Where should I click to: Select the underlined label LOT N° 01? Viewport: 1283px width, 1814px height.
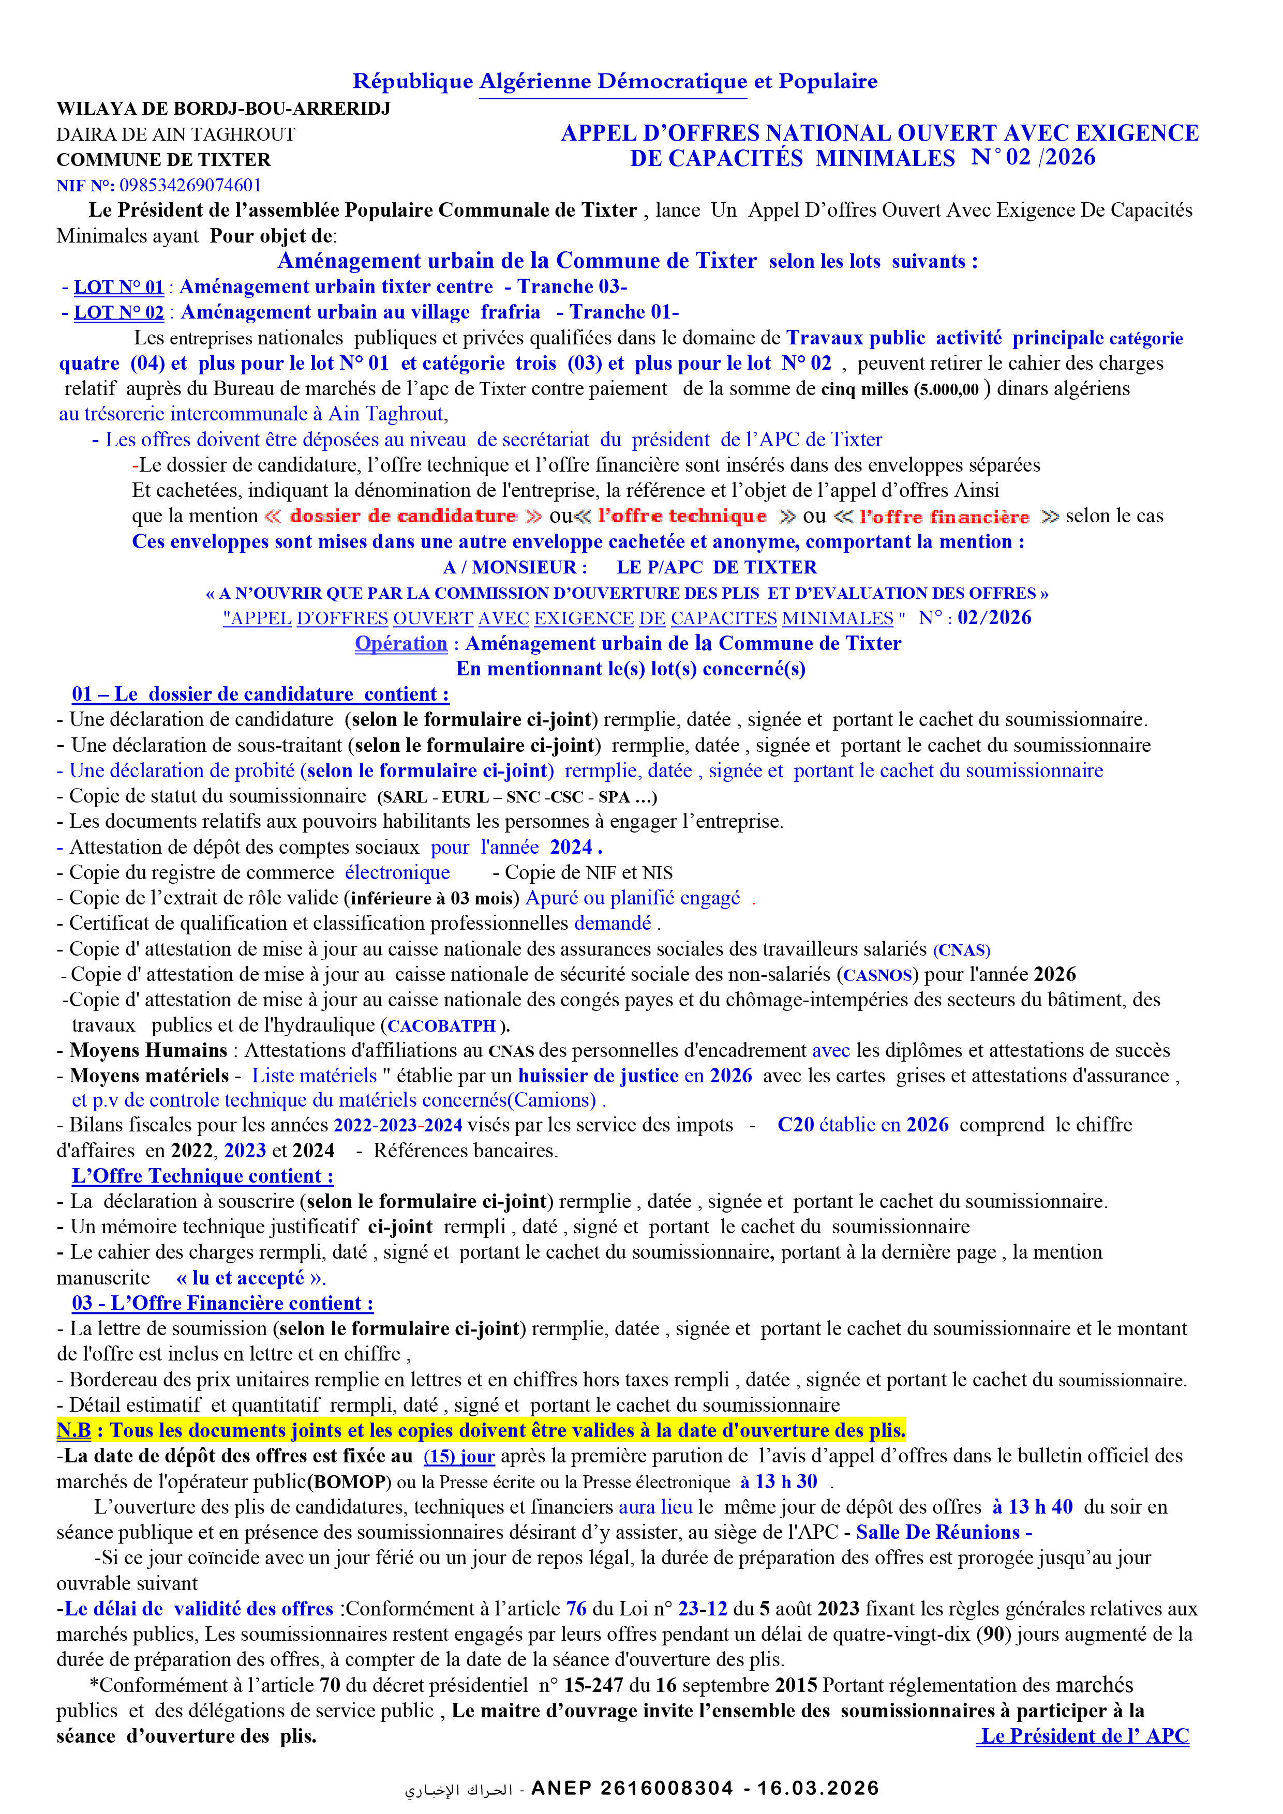tap(118, 287)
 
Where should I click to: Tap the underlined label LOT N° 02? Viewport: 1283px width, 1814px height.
tap(118, 313)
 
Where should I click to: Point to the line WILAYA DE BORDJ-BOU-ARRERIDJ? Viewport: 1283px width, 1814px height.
tap(223, 108)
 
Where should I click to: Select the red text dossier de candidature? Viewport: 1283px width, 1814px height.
tap(402, 516)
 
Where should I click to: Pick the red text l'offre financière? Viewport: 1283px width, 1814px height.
tap(945, 517)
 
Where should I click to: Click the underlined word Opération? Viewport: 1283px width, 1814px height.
tap(401, 644)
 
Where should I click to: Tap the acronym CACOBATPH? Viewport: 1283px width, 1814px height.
tap(441, 1026)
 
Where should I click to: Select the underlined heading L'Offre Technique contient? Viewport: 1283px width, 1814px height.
tap(202, 1176)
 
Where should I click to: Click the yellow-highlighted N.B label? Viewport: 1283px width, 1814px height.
tap(73, 1431)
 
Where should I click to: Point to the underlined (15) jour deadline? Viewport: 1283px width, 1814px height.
tap(459, 1457)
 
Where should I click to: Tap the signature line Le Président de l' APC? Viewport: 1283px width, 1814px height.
tap(1083, 1736)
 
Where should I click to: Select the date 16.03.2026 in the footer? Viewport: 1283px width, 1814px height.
tap(818, 1789)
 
